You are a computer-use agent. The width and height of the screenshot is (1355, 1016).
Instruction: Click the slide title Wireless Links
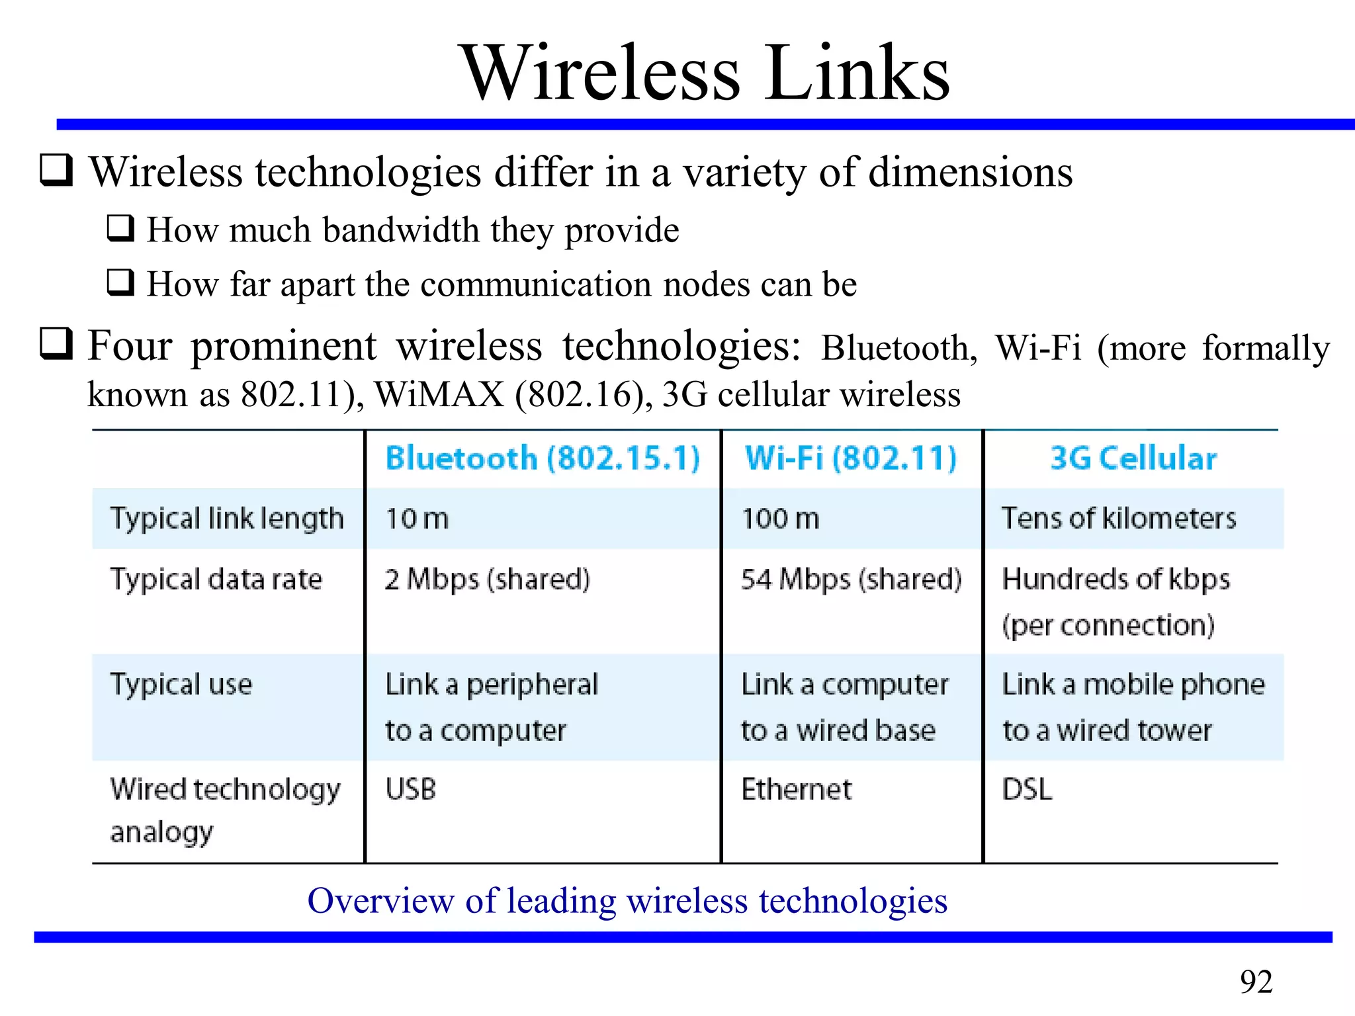pyautogui.click(x=705, y=73)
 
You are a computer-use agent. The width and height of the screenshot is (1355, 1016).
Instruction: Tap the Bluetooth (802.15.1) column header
pyautogui.click(x=543, y=458)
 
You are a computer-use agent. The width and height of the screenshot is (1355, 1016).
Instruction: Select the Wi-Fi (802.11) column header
pyautogui.click(x=851, y=458)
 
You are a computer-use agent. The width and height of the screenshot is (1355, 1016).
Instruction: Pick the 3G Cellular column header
pyautogui.click(x=1133, y=458)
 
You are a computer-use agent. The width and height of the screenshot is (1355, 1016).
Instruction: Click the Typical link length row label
pyautogui.click(x=227, y=519)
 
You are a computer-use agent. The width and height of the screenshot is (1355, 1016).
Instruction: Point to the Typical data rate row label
pyautogui.click(x=216, y=579)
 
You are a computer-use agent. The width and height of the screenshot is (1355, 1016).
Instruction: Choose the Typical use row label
pyautogui.click(x=181, y=685)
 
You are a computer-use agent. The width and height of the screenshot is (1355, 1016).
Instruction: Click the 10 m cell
pyautogui.click(x=417, y=519)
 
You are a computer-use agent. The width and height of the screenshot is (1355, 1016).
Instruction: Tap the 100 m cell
pyautogui.click(x=780, y=519)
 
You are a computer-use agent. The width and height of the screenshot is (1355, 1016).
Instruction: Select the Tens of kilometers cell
pyautogui.click(x=1118, y=519)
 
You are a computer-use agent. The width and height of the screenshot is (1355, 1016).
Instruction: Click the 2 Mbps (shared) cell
pyautogui.click(x=487, y=579)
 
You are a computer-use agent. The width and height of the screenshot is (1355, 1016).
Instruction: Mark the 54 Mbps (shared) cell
pyautogui.click(x=851, y=579)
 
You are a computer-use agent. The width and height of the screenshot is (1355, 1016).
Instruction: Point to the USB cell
pyautogui.click(x=411, y=789)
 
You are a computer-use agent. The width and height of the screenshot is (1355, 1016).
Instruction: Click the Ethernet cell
pyautogui.click(x=797, y=789)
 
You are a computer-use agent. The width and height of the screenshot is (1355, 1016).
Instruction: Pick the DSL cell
pyautogui.click(x=1027, y=789)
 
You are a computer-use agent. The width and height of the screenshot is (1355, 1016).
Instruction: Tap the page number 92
pyautogui.click(x=1256, y=982)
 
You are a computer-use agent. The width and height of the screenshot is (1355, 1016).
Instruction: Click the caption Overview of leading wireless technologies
pyautogui.click(x=627, y=901)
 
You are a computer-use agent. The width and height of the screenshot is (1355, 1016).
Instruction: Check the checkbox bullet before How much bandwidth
pyautogui.click(x=121, y=228)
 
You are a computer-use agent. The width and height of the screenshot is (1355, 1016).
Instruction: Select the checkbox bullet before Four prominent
pyautogui.click(x=56, y=343)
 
